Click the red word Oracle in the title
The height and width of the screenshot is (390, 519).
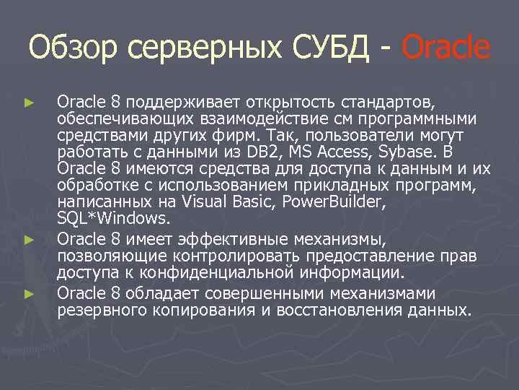[445, 48]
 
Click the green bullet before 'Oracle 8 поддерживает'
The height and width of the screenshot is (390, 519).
[29, 103]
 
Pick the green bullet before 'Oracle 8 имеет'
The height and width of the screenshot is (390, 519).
[29, 238]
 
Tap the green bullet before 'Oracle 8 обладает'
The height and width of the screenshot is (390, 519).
[29, 294]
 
